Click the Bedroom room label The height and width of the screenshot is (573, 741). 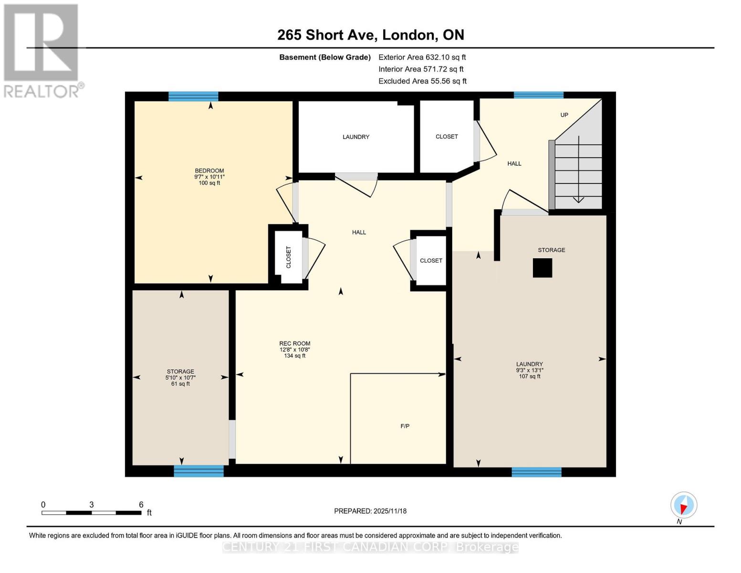pos(209,170)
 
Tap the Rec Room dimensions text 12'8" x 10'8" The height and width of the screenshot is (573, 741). pos(294,350)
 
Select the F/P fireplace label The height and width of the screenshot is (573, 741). pos(405,426)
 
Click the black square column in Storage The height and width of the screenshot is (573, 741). pos(542,268)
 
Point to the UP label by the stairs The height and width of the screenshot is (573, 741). pos(564,115)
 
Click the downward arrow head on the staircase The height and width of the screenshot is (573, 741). pos(578,200)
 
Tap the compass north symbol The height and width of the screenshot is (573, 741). pos(683,505)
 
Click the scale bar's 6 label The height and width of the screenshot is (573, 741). pos(141,504)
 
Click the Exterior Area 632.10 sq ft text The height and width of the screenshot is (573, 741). pos(422,57)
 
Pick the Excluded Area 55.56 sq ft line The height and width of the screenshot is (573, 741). pos(422,81)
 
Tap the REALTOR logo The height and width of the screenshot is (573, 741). pos(42,50)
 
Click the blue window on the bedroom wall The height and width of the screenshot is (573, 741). pos(193,96)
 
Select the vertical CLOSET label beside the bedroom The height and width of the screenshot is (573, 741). pos(288,257)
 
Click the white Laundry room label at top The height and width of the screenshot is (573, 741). pos(356,137)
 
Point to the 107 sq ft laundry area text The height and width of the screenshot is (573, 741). pos(529,376)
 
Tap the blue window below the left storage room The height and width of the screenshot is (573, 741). pos(198,471)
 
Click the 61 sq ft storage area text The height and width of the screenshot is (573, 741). pos(180,384)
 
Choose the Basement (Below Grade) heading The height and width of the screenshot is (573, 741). pos(325,57)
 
